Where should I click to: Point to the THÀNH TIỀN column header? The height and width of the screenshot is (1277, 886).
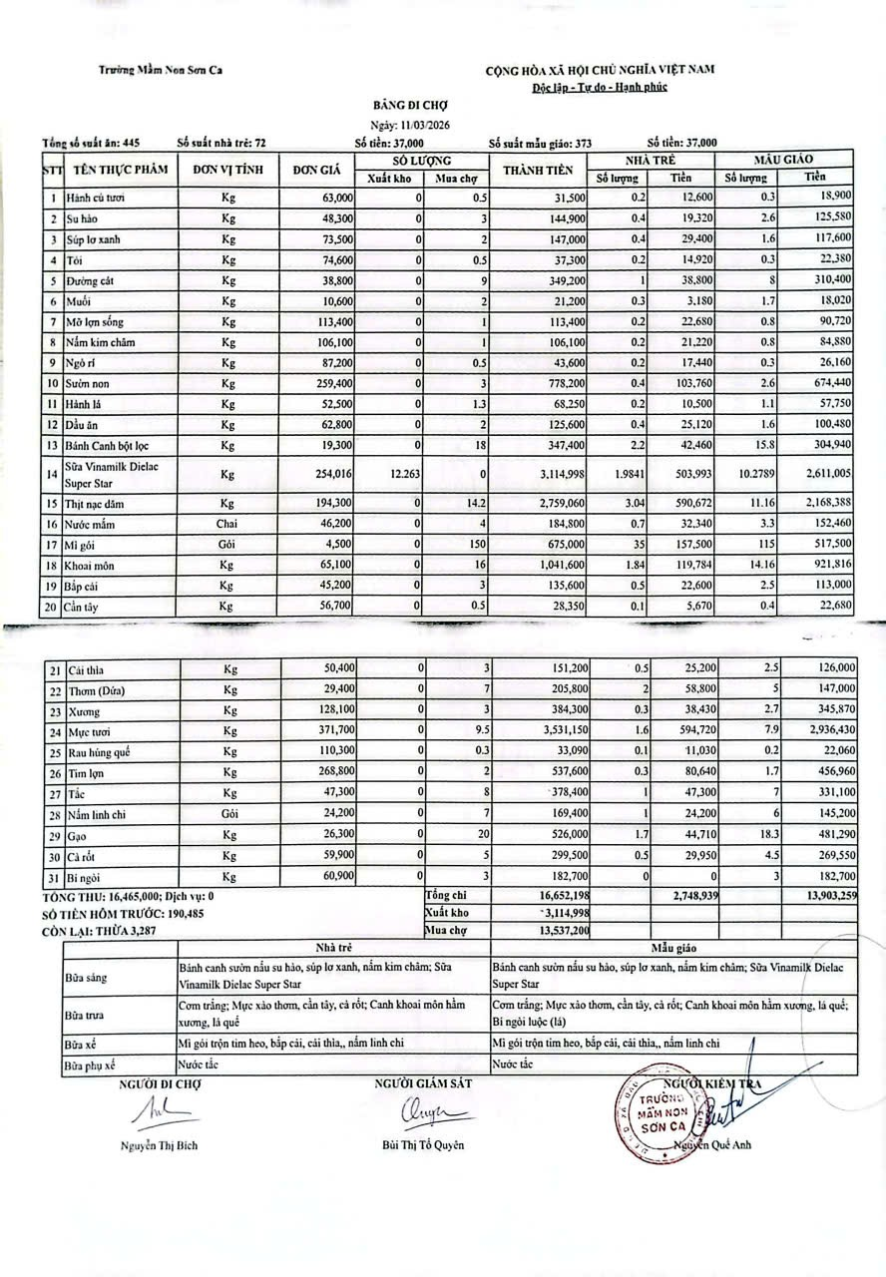(537, 170)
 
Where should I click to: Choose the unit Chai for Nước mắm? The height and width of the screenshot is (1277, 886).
(228, 521)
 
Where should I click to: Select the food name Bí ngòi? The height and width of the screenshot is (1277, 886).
(84, 875)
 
